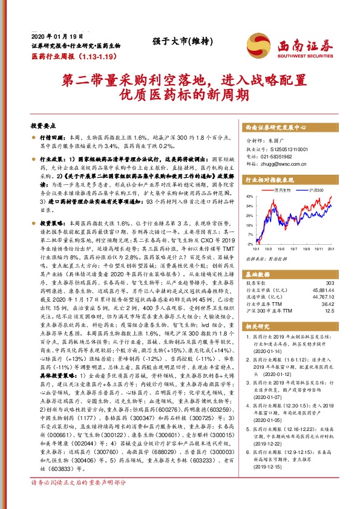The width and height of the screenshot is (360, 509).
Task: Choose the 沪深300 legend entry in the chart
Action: [315, 190]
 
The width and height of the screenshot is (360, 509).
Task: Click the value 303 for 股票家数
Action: [329, 283]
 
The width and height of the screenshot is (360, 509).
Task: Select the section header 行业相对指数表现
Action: [269, 180]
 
